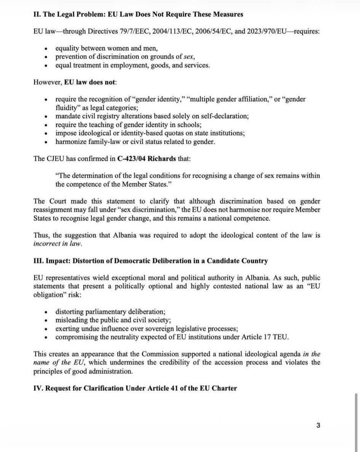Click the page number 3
318,425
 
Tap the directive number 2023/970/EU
261,31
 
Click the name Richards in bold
163,158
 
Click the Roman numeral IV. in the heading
39,388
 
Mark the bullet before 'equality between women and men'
46,48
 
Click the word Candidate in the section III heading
218,261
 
